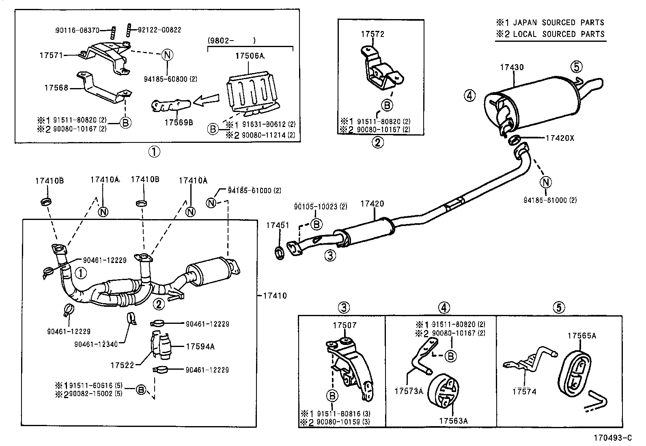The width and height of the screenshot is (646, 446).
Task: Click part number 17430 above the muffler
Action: (512, 68)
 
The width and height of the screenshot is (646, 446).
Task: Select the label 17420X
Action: (560, 138)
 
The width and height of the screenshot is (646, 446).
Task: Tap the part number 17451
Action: (278, 225)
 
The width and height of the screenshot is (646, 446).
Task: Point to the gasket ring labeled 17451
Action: (280, 253)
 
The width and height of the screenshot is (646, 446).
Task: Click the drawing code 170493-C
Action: (613, 437)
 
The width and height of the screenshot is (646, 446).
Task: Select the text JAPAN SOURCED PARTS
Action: (558, 23)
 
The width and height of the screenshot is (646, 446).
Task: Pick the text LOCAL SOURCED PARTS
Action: (558, 34)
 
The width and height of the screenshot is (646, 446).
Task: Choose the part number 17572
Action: (373, 34)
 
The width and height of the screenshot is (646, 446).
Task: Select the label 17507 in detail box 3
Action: (345, 325)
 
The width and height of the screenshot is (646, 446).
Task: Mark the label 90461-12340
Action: (96, 344)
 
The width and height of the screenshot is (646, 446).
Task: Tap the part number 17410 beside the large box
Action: (274, 296)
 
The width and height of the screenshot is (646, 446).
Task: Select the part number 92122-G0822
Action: (159, 30)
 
